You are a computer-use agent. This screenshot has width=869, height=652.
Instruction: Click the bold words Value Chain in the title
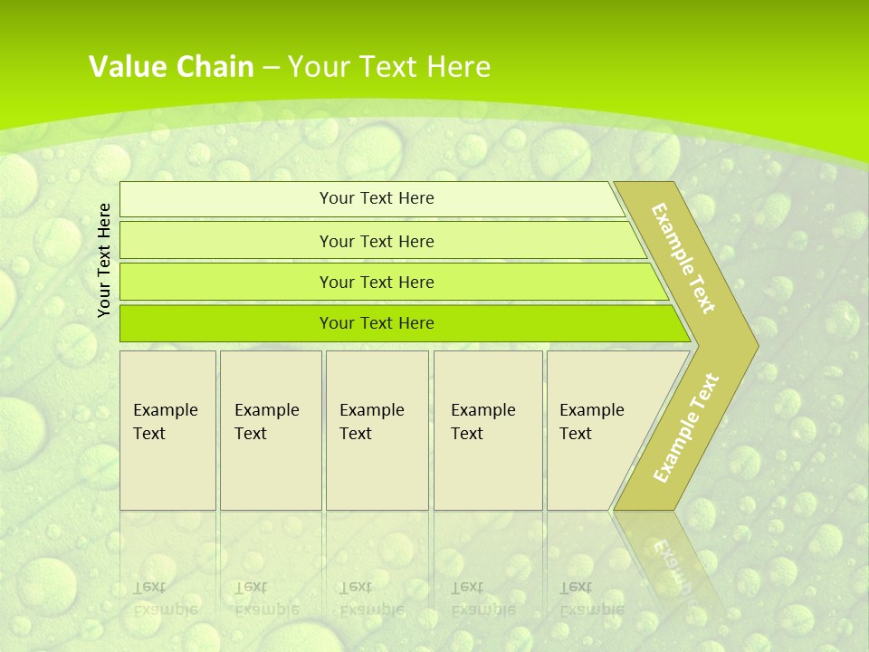171,67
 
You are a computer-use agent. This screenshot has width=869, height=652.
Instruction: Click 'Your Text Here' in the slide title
389,67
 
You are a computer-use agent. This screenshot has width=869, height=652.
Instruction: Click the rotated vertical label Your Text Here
104,260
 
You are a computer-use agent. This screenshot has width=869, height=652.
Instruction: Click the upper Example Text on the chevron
683,258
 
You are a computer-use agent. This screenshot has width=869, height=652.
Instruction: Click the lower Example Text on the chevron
686,427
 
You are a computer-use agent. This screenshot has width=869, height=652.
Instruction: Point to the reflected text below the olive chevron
674,561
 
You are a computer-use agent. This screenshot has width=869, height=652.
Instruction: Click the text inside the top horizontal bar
377,198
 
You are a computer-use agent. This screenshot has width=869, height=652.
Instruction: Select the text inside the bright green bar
377,323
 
